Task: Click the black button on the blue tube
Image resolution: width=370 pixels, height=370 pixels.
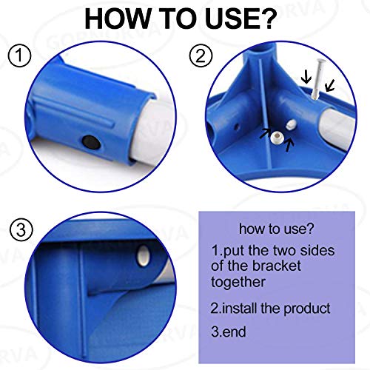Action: (90, 138)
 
